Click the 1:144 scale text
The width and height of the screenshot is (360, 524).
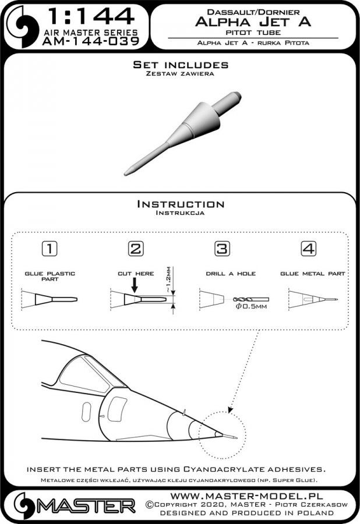click(x=90, y=15)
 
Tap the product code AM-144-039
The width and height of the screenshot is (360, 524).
click(x=90, y=41)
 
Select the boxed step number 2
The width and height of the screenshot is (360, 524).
click(x=135, y=249)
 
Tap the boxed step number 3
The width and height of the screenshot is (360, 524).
click(x=221, y=249)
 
